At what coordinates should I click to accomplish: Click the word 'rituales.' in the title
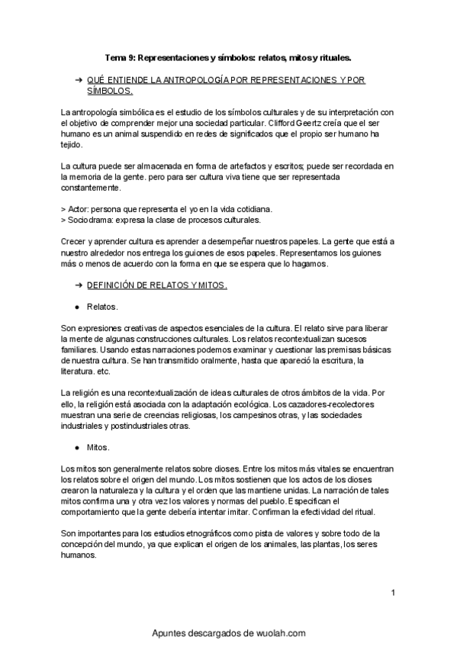[x=332, y=56]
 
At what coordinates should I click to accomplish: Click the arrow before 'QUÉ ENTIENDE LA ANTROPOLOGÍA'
[x=78, y=79]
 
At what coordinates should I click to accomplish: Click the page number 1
[x=392, y=593]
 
